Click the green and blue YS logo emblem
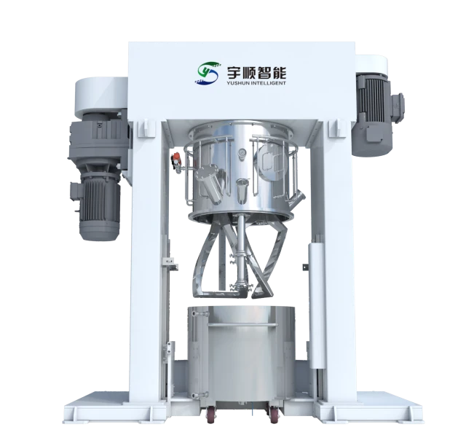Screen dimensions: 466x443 pyautogui.click(x=208, y=73)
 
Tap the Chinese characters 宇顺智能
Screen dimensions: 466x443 pyautogui.click(x=256, y=73)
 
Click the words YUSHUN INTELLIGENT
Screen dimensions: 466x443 pyautogui.click(x=256, y=83)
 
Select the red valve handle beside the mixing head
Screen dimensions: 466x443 pyautogui.click(x=177, y=157)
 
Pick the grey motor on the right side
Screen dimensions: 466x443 pyautogui.click(x=375, y=114)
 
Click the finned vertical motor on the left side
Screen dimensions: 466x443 pyautogui.click(x=99, y=205)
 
